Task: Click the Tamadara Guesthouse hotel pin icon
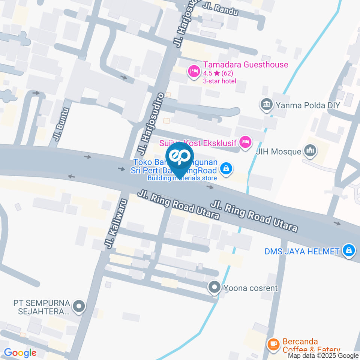click(x=193, y=70)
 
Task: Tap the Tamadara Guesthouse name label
click(x=246, y=64)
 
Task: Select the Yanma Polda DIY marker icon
click(x=267, y=105)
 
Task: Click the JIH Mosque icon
click(x=310, y=151)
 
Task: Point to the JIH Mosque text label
click(x=278, y=152)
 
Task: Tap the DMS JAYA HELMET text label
click(x=302, y=251)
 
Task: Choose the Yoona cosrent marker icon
click(x=214, y=288)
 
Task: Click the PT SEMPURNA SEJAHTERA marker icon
click(x=79, y=307)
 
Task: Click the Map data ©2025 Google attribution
click(x=323, y=356)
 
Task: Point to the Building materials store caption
click(x=182, y=178)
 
